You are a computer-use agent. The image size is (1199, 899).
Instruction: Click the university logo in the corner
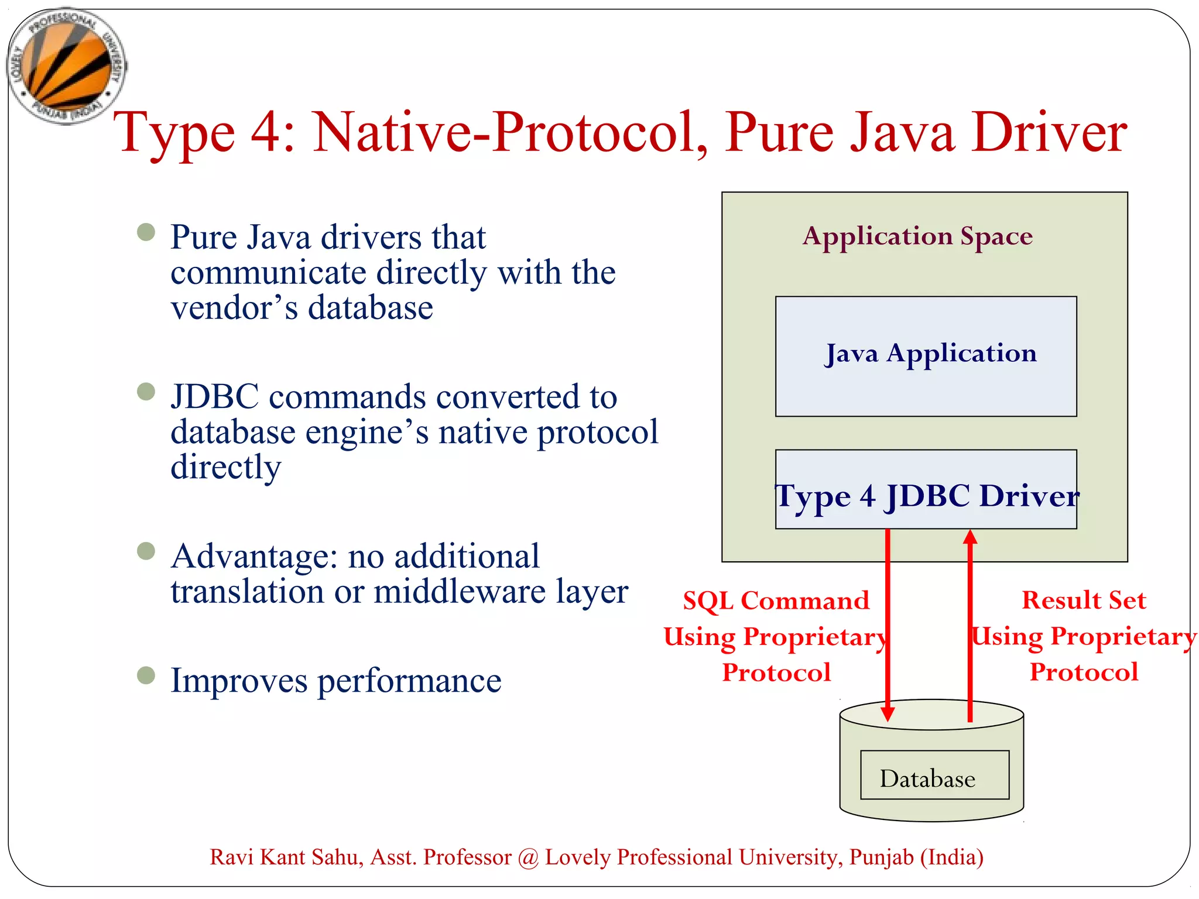click(66, 66)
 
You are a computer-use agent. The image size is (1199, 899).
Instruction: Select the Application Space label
click(917, 236)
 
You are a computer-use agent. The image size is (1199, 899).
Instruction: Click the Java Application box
click(926, 356)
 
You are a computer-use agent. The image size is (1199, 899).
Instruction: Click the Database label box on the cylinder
click(934, 774)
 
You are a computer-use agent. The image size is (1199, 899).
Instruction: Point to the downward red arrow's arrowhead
click(888, 713)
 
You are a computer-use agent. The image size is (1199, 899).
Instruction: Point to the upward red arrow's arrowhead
click(970, 537)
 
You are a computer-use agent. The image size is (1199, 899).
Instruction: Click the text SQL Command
click(776, 601)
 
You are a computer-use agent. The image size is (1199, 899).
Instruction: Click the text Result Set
click(1084, 600)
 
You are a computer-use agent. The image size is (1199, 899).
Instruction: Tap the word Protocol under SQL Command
click(776, 672)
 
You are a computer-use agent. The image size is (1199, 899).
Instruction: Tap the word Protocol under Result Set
click(1084, 671)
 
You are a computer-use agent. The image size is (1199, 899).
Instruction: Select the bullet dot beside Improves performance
click(146, 675)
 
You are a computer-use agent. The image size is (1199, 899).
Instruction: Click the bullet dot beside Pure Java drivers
click(146, 232)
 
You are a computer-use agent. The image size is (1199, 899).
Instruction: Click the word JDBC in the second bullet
click(214, 397)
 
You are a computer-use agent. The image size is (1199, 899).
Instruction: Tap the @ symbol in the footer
click(528, 857)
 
